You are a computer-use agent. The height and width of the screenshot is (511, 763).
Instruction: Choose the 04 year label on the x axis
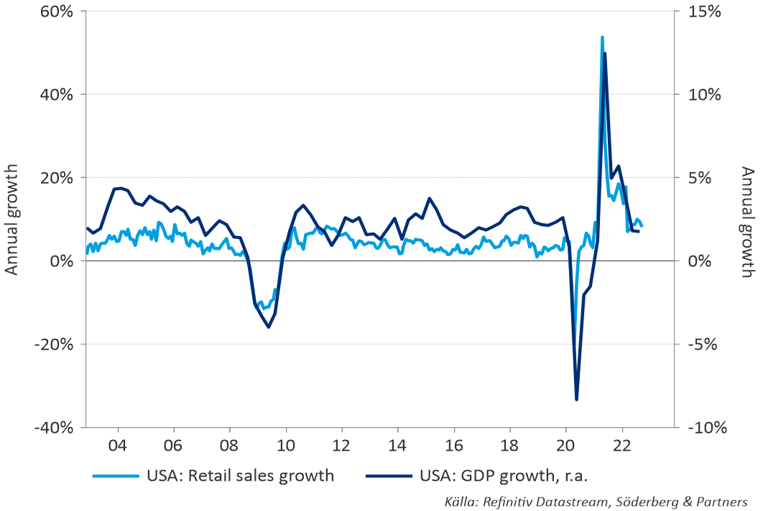pos(118,444)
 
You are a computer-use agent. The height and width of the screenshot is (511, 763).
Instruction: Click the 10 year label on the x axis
pos(285,444)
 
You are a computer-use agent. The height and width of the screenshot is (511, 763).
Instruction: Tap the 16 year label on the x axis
pos(453,444)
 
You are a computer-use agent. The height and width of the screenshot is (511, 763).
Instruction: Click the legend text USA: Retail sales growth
pos(241,475)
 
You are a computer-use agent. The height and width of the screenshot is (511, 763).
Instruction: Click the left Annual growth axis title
pos(11,220)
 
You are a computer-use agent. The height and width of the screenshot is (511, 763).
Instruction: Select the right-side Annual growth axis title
pos(748,222)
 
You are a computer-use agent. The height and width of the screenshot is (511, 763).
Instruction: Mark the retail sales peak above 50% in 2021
pos(602,37)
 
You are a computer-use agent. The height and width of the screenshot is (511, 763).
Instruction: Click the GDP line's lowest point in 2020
pos(577,399)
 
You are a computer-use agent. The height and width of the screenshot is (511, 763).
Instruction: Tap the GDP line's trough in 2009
pos(269,327)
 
